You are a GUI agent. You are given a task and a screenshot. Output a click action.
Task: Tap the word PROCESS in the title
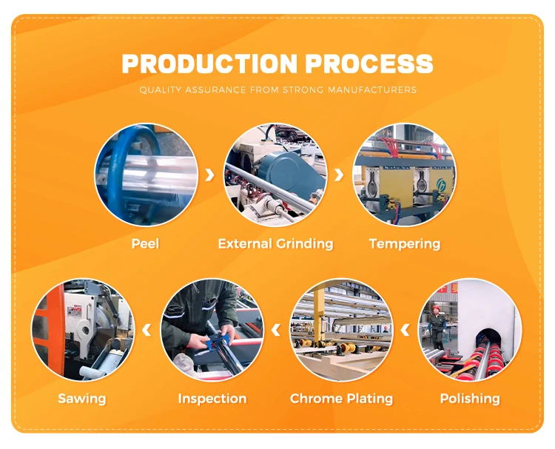[374, 64]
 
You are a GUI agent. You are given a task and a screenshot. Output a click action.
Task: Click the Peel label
[145, 243]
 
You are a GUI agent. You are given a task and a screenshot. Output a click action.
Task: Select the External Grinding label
[275, 243]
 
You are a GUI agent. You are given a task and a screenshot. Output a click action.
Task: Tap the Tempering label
[405, 243]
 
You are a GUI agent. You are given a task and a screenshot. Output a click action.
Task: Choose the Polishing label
[470, 399]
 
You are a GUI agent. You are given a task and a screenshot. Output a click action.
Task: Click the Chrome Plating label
[342, 399]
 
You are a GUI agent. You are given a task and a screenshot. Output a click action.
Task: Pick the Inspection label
[212, 399]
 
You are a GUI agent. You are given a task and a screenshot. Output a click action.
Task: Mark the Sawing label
[82, 399]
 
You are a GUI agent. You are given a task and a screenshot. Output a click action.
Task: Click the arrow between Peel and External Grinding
[210, 175]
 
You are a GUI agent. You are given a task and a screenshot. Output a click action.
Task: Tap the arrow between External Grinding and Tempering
[340, 175]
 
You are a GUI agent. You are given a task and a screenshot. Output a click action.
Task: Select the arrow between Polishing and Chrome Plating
[406, 330]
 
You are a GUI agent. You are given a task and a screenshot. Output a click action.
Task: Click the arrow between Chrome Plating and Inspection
[276, 330]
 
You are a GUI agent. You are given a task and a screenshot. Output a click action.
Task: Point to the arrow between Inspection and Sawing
[147, 330]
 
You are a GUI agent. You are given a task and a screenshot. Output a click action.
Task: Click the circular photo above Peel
[146, 175]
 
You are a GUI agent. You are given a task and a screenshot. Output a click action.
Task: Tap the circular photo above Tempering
[404, 175]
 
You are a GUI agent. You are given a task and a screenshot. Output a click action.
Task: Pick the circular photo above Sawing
[82, 330]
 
